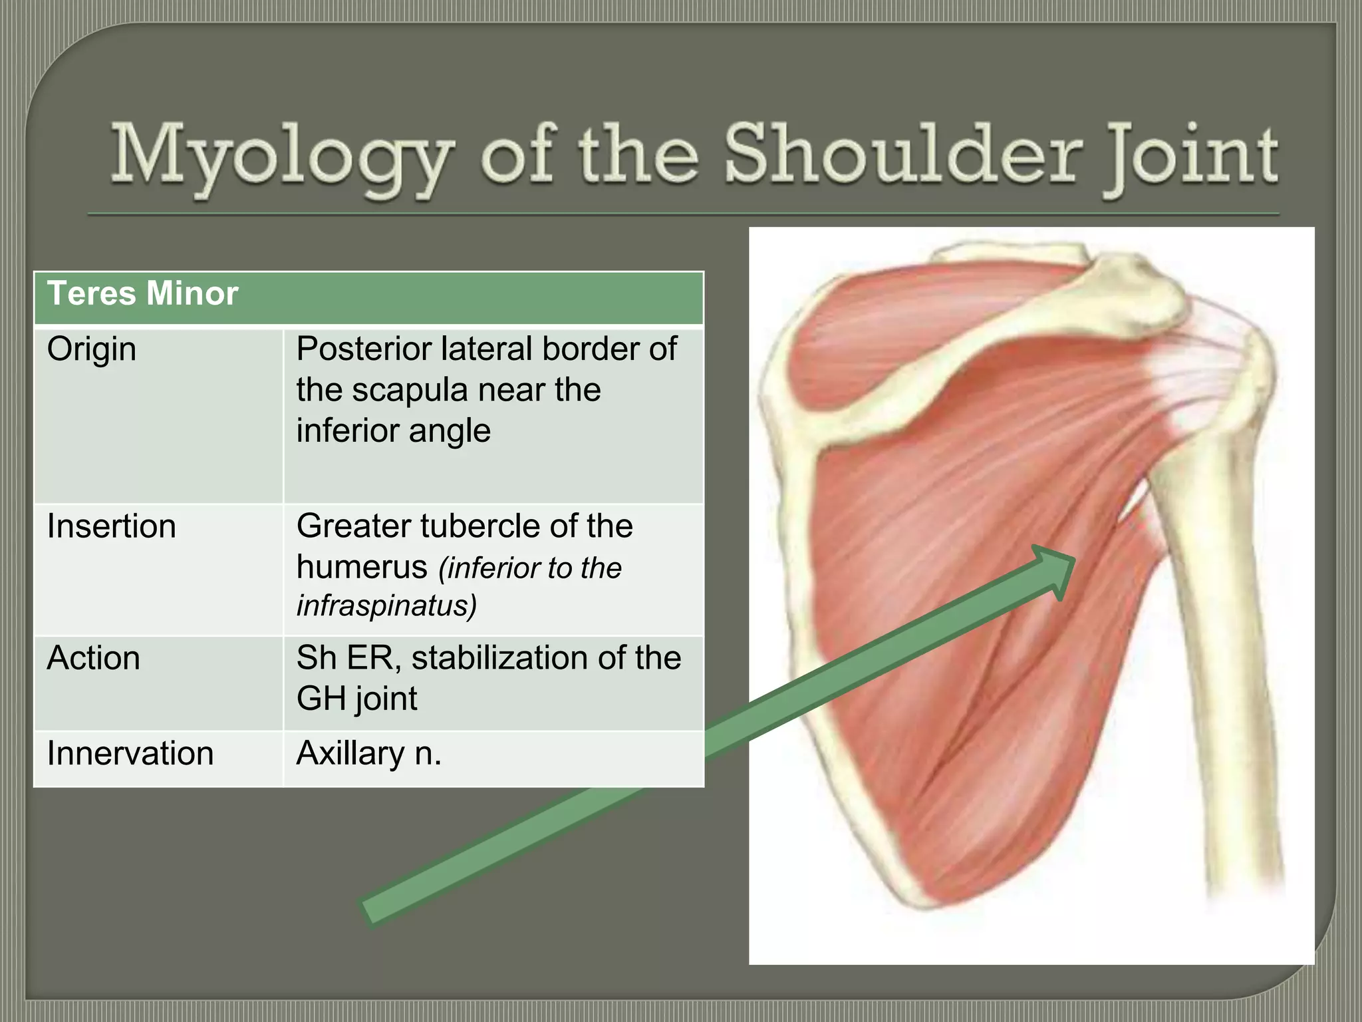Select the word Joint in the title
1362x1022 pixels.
(1190, 156)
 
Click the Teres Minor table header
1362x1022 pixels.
(142, 293)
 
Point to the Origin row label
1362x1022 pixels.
(92, 349)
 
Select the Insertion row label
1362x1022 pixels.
(111, 526)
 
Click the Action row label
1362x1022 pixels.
(94, 658)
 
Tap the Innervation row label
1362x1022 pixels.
(130, 754)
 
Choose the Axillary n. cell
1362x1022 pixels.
(369, 754)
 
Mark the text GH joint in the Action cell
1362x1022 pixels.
(357, 699)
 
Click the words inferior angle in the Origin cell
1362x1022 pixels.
(394, 431)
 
